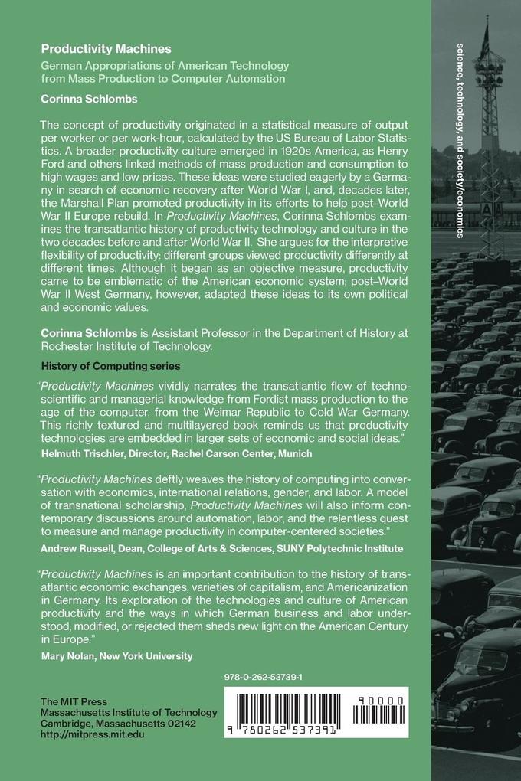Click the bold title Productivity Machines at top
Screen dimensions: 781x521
point(96,48)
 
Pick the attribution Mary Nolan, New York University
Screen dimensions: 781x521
point(116,655)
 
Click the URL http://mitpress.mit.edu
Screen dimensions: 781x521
point(92,733)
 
